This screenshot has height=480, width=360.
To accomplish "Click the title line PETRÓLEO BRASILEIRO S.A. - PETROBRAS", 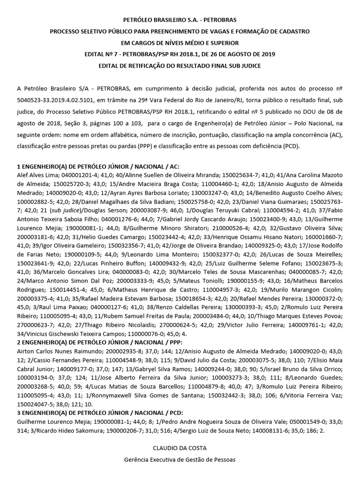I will point(180,20).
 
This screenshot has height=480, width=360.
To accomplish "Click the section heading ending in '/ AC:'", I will point(98,166).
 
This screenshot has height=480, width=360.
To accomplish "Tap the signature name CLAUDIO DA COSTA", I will point(180,448).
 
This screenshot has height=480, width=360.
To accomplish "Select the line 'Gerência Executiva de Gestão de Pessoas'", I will point(180,460).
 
